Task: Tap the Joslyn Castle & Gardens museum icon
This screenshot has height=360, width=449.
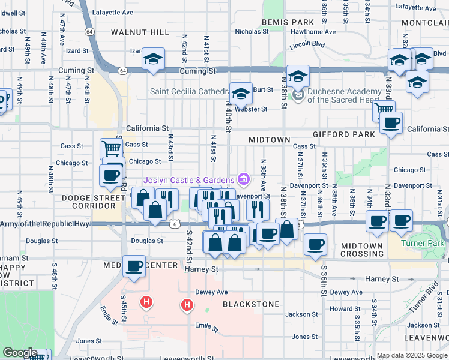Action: coord(243,179)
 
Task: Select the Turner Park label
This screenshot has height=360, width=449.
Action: coord(424,244)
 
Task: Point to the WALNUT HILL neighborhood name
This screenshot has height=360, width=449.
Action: coord(140,32)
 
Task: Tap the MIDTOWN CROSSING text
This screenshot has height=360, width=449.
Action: coord(361,250)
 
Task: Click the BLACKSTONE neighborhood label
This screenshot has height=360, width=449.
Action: coord(251,304)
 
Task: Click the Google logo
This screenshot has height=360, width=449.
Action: coord(20,353)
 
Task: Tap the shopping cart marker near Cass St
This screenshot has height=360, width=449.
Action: coord(111,148)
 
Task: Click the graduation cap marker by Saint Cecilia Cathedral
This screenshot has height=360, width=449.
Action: coord(241,94)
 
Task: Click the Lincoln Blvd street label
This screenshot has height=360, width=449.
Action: coord(306,45)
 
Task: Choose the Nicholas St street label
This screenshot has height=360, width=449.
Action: coord(252,31)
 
